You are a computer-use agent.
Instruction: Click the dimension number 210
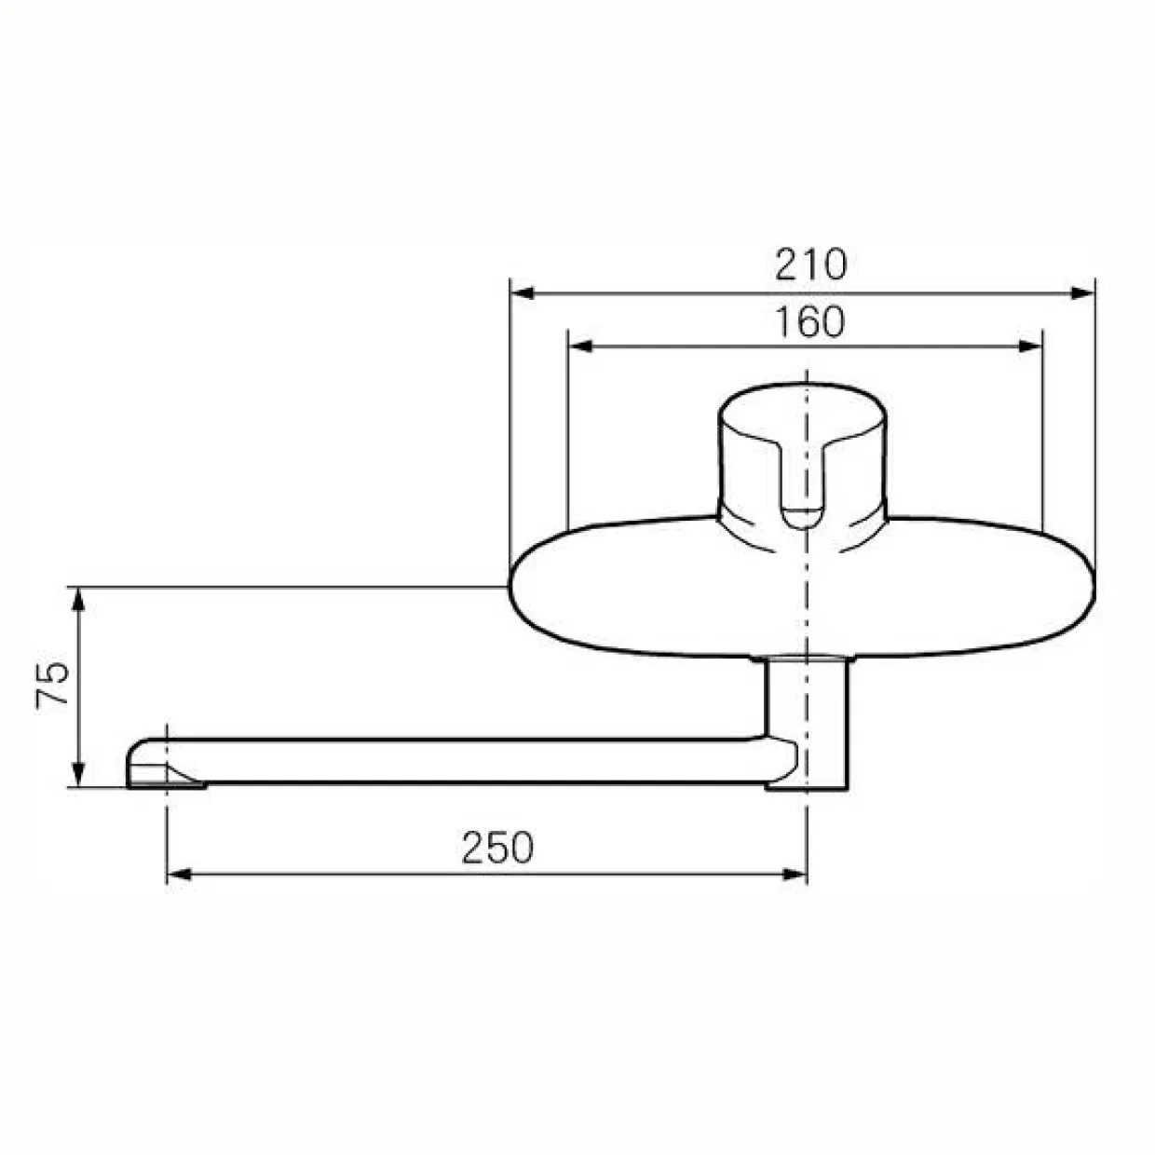(x=810, y=265)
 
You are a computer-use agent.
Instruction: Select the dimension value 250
(x=497, y=848)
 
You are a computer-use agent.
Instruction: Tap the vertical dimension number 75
(x=53, y=686)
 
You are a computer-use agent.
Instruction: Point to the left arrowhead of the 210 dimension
(x=521, y=293)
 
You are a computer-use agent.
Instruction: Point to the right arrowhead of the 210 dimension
(x=1083, y=293)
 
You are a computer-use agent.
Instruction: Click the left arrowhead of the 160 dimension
(x=579, y=346)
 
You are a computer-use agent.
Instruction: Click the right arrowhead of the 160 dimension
(x=1030, y=346)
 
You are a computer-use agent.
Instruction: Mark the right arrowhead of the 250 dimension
(x=795, y=875)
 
